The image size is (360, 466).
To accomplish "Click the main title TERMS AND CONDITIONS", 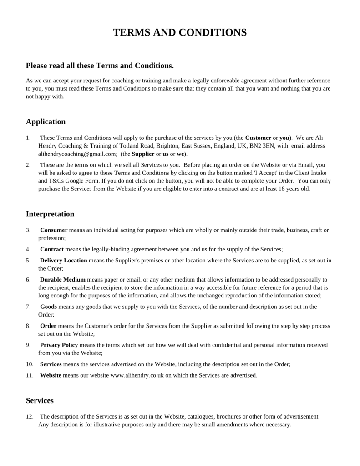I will (x=180, y=32).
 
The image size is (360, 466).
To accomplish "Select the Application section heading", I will (x=46, y=122).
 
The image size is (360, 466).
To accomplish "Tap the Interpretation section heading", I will (x=50, y=214).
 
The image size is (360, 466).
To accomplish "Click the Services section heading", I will (x=40, y=400).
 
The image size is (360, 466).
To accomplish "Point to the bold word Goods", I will (x=48, y=307).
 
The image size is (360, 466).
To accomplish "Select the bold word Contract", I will (x=52, y=249).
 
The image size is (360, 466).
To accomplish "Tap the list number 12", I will (x=30, y=416).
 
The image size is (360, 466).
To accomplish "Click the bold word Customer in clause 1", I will (x=258, y=138).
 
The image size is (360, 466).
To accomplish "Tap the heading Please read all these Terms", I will (x=100, y=66).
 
